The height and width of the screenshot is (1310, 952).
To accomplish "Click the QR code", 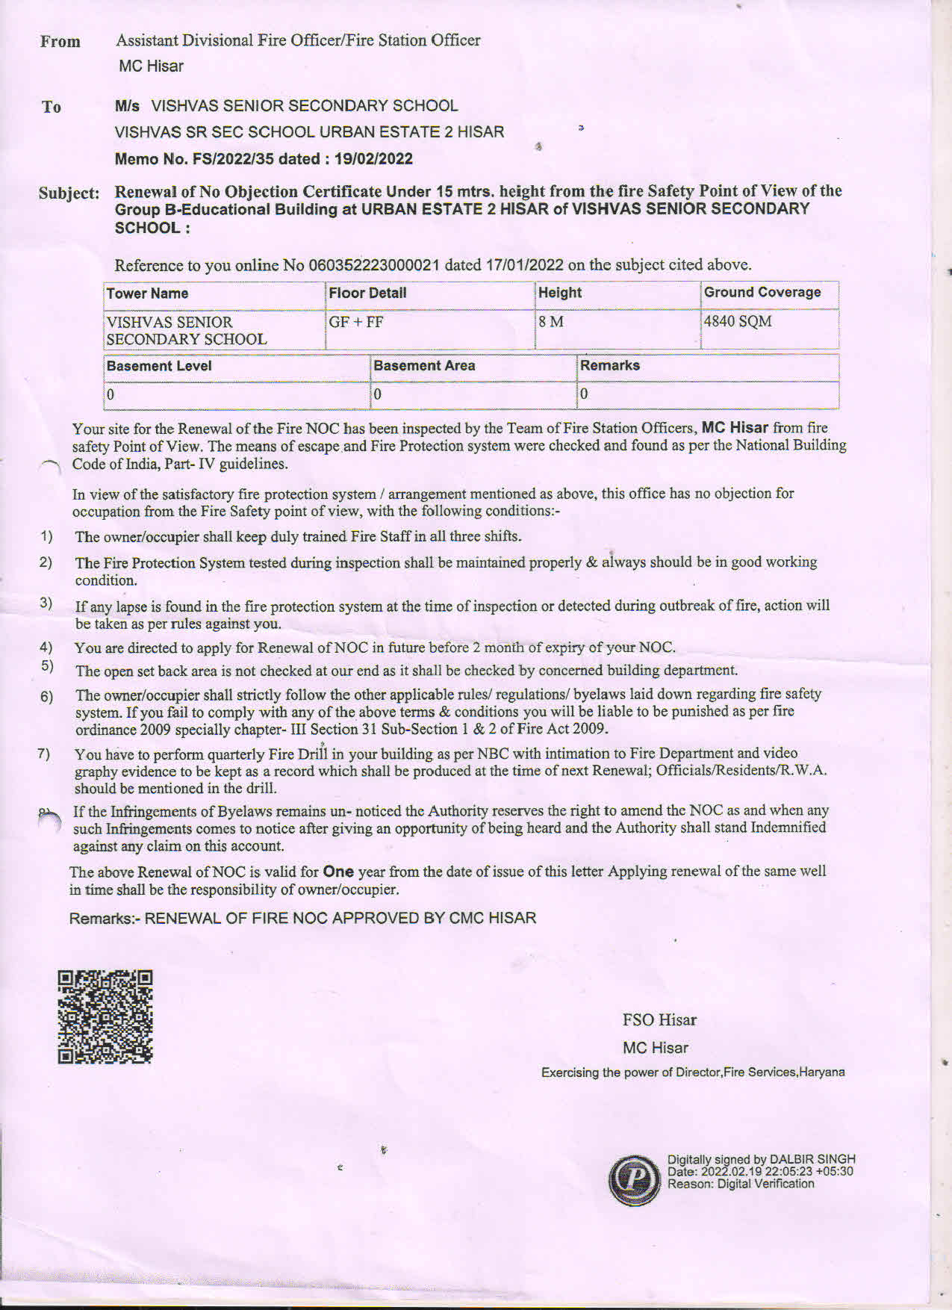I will click(x=105, y=1016).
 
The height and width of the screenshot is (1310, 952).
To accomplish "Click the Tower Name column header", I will click(x=147, y=294).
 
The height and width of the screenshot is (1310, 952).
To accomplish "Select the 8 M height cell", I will click(x=551, y=322).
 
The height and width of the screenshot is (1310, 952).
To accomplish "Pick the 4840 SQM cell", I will click(x=738, y=322).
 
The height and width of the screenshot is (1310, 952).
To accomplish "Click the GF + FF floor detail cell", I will click(x=356, y=322).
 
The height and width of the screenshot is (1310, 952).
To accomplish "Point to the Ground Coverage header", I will click(x=762, y=292).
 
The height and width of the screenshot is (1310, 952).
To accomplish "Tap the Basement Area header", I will click(x=424, y=365).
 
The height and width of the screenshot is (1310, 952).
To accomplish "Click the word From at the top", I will click(x=60, y=42).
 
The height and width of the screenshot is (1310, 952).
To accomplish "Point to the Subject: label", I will click(x=69, y=193).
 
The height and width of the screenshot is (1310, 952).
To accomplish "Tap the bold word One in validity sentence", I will click(x=338, y=872).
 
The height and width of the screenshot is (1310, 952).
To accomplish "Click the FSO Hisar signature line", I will click(x=659, y=1019).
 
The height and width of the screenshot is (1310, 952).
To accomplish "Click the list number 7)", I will click(x=44, y=754).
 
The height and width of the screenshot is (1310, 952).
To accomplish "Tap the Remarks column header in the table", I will click(x=610, y=365).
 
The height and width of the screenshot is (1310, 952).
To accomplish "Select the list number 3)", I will click(x=46, y=603).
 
